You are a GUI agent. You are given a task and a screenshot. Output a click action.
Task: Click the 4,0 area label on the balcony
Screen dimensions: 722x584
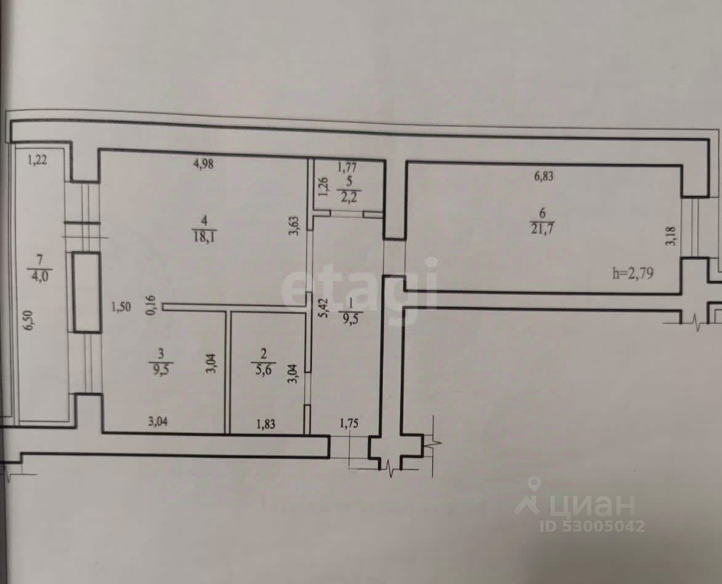point(39,275)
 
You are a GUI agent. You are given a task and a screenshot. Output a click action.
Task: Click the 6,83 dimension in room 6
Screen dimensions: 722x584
point(544,176)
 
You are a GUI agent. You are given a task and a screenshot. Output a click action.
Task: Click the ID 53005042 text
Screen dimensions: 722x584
point(592,526)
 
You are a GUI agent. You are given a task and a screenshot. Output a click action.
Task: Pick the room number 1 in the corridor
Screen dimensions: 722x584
point(350,304)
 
